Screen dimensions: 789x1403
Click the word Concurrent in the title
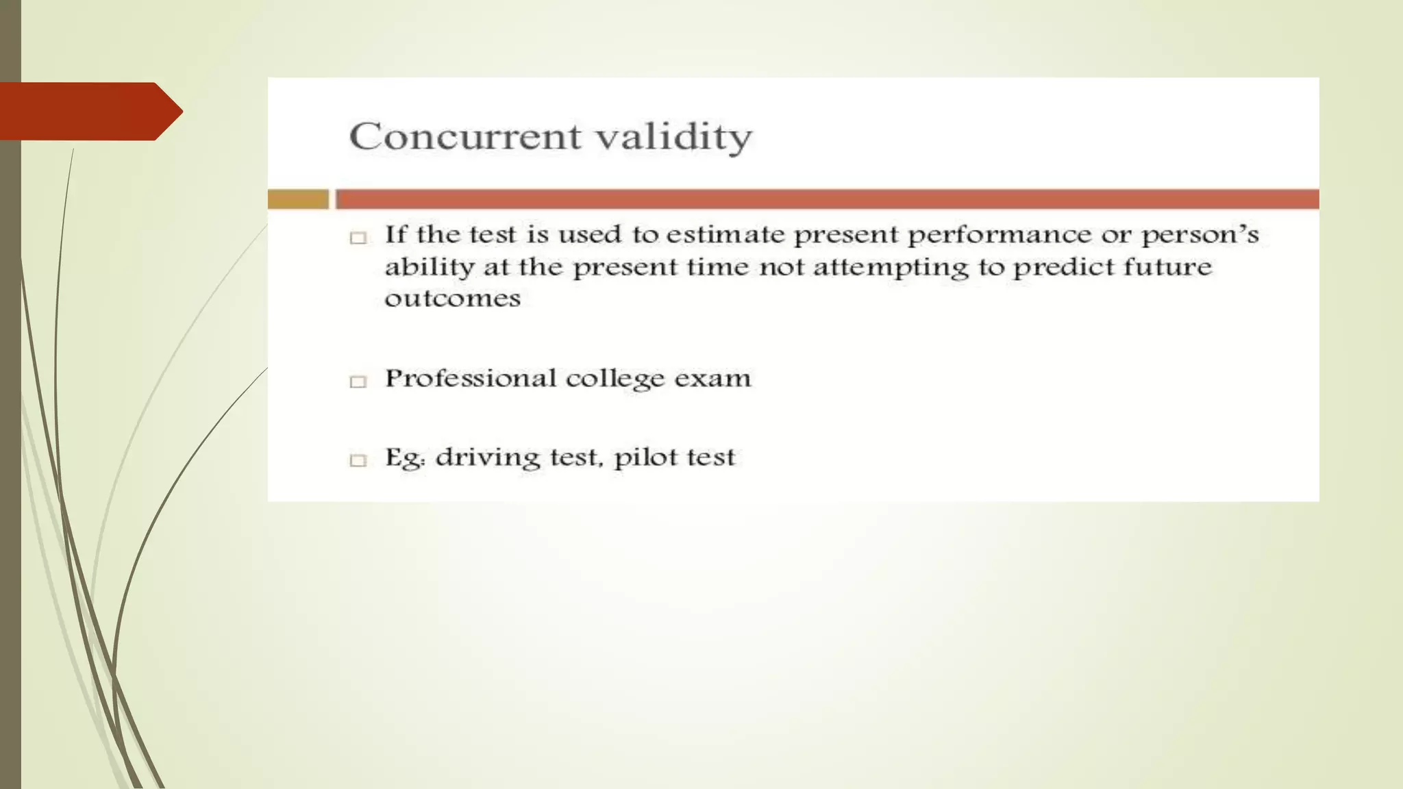(464, 136)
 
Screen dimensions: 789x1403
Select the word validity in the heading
(673, 137)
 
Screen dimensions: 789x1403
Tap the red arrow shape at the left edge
(89, 111)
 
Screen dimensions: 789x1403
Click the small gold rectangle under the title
(298, 199)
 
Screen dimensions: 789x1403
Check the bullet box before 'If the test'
(358, 238)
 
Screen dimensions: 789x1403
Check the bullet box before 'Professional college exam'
(358, 381)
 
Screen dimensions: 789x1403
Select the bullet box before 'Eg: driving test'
(358, 460)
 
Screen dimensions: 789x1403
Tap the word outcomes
(452, 299)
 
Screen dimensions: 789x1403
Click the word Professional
(471, 378)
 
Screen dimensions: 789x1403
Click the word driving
(488, 458)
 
